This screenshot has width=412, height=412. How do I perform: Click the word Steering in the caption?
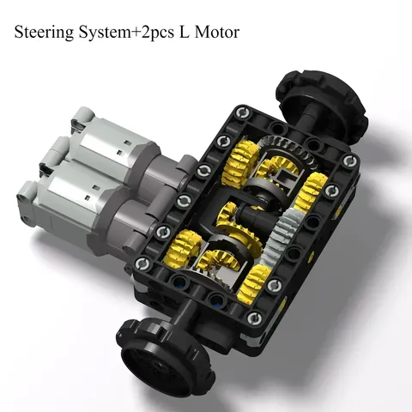pyautogui.click(x=44, y=33)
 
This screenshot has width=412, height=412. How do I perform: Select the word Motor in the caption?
pyautogui.click(x=216, y=32)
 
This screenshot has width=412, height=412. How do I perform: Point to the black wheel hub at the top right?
pyautogui.click(x=322, y=105)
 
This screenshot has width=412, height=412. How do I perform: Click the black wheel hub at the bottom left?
pyautogui.click(x=165, y=354)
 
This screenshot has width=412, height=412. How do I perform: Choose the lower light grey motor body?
pyautogui.click(x=71, y=206)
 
